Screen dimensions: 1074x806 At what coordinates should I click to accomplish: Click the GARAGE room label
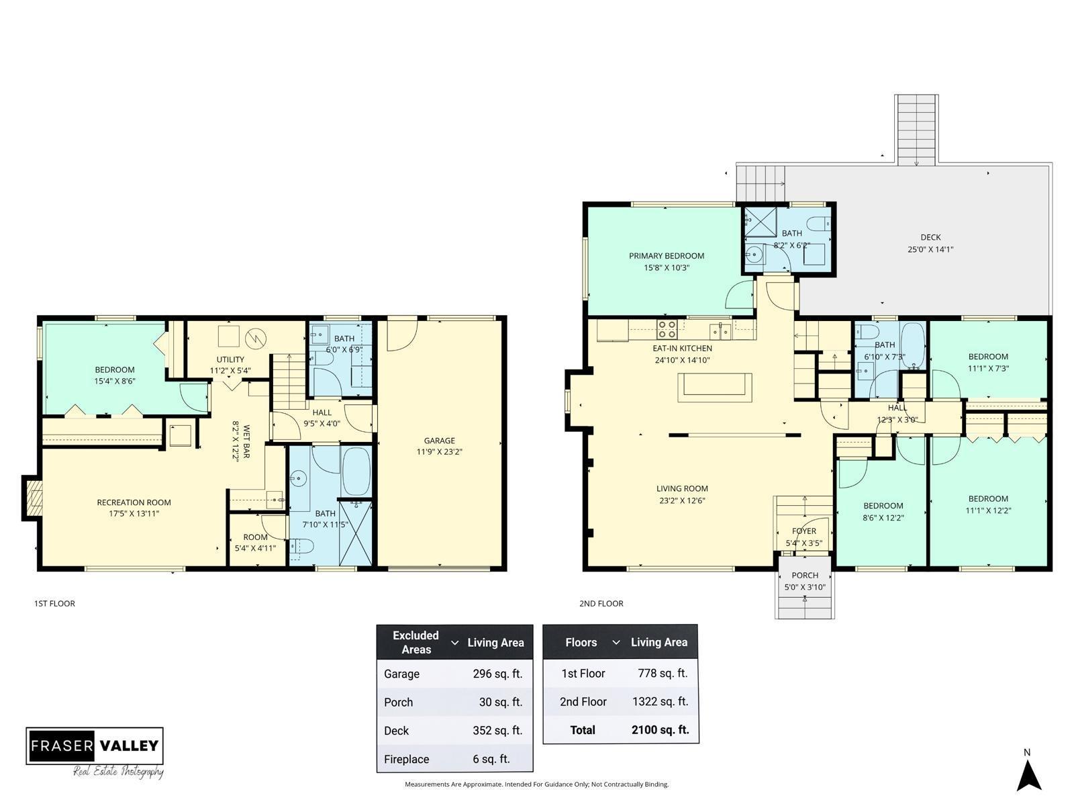[439, 441]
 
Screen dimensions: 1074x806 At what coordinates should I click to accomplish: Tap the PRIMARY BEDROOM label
[667, 255]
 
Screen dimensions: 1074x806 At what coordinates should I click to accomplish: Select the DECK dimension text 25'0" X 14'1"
[930, 249]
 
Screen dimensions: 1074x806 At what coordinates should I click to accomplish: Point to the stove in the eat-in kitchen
[667, 329]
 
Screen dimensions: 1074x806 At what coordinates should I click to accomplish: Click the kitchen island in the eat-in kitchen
[714, 388]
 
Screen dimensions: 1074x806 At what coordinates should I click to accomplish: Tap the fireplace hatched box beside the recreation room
[33, 498]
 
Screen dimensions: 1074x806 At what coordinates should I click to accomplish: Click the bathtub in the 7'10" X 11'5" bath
[356, 471]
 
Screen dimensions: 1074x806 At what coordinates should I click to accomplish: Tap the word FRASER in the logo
[62, 746]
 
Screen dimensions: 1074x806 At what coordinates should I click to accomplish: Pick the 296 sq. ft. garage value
[497, 674]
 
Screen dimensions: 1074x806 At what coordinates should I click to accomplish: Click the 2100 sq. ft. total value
[660, 729]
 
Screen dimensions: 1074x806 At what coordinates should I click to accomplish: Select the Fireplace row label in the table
[406, 759]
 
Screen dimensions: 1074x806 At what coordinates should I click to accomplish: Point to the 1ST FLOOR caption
[54, 603]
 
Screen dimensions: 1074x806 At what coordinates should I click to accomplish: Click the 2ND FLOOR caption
[601, 603]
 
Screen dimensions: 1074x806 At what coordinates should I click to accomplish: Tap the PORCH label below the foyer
[805, 575]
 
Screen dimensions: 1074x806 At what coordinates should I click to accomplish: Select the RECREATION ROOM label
[134, 502]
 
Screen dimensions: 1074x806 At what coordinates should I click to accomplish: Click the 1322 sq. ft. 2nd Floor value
[660, 701]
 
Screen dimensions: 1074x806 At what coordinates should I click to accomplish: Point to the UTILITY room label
[230, 359]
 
